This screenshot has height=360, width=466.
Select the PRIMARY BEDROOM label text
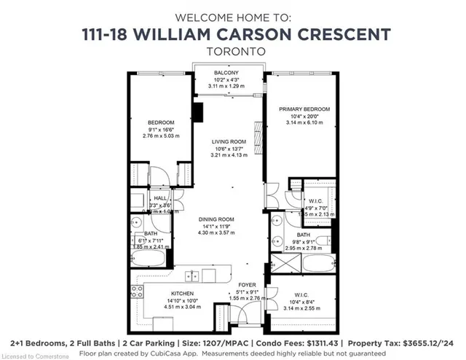click(300, 109)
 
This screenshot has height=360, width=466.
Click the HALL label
click(161, 197)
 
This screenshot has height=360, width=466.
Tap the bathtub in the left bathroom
click(149, 257)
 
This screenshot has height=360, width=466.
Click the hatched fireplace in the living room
click(255, 134)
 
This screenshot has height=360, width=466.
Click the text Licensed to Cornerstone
click(30, 356)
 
